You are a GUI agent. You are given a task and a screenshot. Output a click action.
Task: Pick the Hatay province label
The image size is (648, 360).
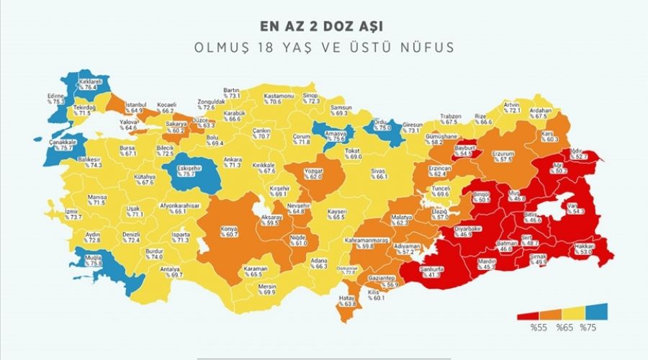(x=348, y=297)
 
